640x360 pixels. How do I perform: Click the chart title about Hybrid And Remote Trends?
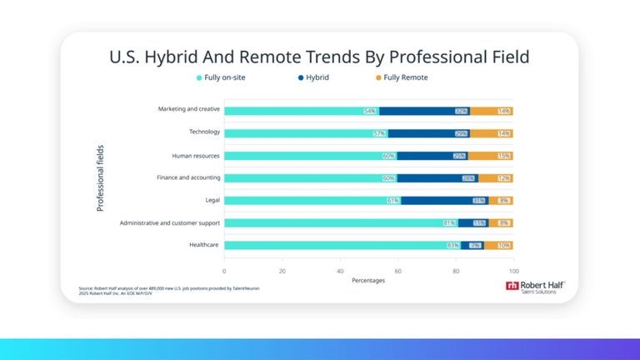coord(319,57)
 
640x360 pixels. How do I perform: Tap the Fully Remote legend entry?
coord(403,77)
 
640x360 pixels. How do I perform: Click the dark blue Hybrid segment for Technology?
coord(428,132)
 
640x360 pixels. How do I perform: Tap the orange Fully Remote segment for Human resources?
coord(502,155)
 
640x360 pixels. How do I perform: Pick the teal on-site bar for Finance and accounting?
coord(308,177)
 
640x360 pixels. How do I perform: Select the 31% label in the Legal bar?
coord(478,201)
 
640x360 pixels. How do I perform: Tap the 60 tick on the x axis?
coord(398,271)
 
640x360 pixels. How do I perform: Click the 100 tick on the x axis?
coord(513,271)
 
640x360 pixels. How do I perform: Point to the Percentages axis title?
coord(368,281)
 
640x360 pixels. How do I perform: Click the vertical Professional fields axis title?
coord(100,177)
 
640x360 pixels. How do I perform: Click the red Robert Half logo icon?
coord(512,286)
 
